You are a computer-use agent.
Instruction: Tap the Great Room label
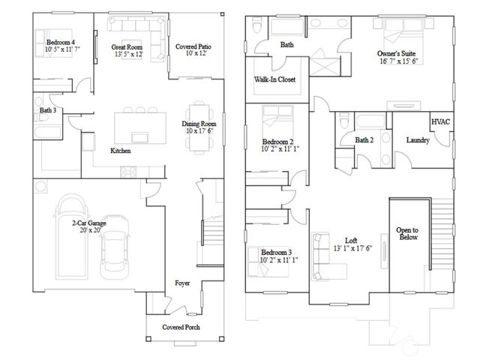coord(129,47)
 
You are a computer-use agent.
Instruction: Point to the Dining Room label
coord(199,124)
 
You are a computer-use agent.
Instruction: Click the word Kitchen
coord(121,151)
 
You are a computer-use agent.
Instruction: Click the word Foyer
coord(182,283)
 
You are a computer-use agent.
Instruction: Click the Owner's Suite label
coord(396,54)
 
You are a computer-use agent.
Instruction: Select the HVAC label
coord(440,121)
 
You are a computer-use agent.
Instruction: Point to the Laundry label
coord(417,140)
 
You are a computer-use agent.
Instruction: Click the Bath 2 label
coord(364,140)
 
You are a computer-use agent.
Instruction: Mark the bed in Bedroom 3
coord(264,267)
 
